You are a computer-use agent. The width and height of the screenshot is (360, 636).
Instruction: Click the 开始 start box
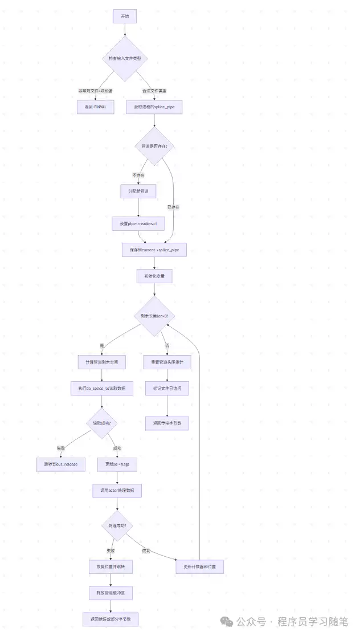click(125, 17)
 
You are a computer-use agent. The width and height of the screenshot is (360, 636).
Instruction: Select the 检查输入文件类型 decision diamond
click(125, 59)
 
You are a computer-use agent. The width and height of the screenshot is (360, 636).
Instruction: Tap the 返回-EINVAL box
click(96, 107)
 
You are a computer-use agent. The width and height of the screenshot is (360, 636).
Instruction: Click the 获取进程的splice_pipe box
click(154, 107)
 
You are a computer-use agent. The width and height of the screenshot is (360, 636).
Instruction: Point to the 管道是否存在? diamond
click(154, 146)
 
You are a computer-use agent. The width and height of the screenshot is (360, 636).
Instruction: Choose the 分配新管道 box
click(138, 191)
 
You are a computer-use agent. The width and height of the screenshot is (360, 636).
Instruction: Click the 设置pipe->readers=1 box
click(138, 224)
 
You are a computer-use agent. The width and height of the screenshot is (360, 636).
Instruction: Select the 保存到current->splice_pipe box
click(154, 250)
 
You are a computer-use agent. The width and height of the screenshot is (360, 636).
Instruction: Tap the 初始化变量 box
click(154, 276)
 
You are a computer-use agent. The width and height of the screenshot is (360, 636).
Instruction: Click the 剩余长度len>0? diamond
click(154, 316)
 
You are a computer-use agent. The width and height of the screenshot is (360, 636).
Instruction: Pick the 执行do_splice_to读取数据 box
click(101, 388)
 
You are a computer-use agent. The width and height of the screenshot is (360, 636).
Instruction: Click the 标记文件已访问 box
click(167, 388)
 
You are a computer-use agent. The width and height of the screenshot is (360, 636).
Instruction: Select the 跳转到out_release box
click(61, 464)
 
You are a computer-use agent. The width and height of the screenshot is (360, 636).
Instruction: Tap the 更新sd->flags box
click(117, 464)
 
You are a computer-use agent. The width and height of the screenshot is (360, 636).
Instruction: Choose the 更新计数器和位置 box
click(199, 566)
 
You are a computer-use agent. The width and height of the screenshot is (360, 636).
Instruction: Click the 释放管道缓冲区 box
click(111, 593)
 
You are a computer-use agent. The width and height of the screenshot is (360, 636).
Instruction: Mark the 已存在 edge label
click(173, 207)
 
